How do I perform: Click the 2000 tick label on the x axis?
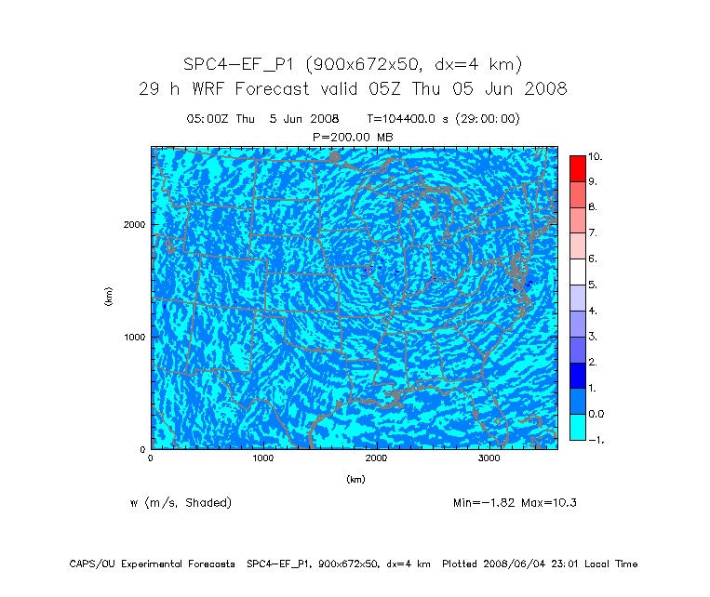377,458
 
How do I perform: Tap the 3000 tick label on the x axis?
489,458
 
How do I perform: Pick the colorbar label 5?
592,284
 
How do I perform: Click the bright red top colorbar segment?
577,168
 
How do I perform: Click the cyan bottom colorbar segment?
577,427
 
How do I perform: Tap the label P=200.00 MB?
355,137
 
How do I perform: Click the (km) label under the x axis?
355,480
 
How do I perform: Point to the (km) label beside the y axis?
109,297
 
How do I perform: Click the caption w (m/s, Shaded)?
181,503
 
